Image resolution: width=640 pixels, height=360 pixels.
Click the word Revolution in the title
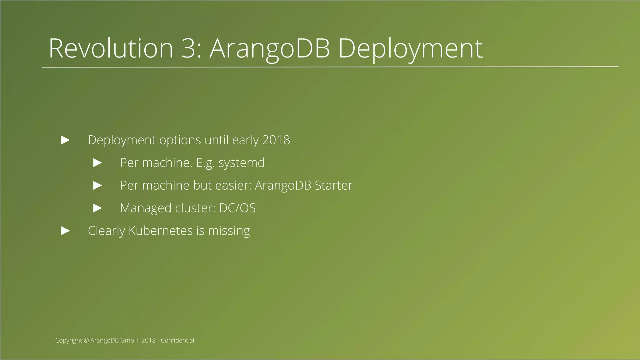[x=111, y=48]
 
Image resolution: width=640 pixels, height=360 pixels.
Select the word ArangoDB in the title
[x=269, y=48]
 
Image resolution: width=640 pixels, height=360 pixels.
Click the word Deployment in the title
[x=410, y=48]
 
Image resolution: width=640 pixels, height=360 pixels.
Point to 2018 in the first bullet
[x=276, y=140]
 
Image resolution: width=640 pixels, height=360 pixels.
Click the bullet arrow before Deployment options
[x=66, y=140]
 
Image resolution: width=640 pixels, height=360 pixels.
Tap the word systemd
[x=241, y=163]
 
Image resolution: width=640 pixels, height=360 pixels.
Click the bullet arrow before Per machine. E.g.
[x=98, y=163]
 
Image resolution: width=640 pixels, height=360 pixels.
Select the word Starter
[x=333, y=185]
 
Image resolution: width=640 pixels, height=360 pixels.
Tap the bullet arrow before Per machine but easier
[x=98, y=185]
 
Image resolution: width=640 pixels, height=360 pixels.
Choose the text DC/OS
[x=237, y=208]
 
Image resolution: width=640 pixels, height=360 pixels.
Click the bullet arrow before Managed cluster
[x=98, y=208]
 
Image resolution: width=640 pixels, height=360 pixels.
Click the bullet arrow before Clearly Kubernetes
[x=66, y=231]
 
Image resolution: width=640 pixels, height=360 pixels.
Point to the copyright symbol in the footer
[x=87, y=340]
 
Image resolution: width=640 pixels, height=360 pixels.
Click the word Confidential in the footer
[x=177, y=340]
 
